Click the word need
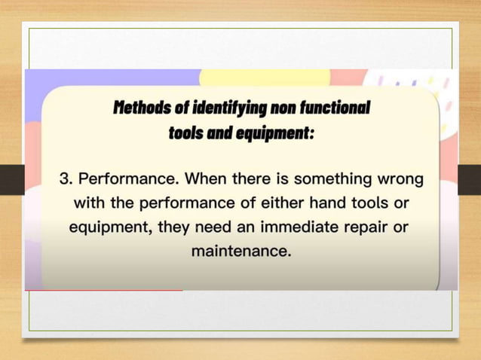click(x=214, y=227)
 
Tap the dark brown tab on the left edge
click(x=11, y=179)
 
